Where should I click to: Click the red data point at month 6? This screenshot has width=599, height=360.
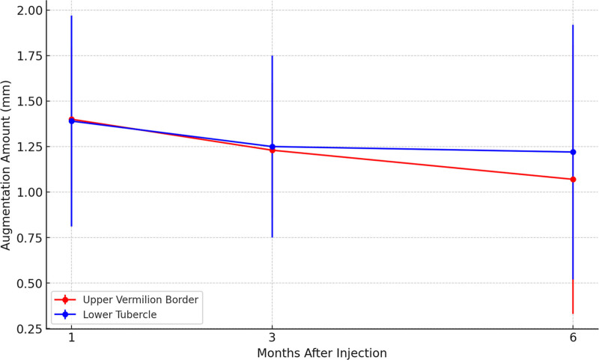pos(573,180)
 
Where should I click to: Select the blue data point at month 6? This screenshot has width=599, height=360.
pos(573,152)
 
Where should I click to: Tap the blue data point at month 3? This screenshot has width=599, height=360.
pos(272,147)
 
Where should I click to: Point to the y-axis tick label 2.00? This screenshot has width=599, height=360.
pos(30,10)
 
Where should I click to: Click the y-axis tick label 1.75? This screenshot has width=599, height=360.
pos(30,55)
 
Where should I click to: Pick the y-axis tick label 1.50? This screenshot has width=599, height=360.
pos(30,101)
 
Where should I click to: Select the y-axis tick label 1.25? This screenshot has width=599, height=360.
pos(30,147)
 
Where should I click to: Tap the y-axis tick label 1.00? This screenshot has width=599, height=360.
pos(30,192)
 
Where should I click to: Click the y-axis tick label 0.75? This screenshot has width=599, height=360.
pos(30,237)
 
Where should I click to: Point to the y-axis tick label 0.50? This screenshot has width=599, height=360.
pos(30,283)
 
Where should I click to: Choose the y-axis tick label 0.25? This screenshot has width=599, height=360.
pos(30,329)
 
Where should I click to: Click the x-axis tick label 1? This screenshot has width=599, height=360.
pos(71,338)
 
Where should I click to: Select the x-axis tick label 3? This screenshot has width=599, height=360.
pos(272,338)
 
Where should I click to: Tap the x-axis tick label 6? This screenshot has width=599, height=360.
pos(573,338)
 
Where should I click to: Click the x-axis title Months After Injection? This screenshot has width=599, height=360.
pos(322,353)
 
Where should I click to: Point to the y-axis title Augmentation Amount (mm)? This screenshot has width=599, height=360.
pos(6,165)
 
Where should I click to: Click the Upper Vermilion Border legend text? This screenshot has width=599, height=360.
pos(141,299)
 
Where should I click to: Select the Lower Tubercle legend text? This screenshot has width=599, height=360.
pos(120,314)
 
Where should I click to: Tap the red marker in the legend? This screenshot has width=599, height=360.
pos(65,299)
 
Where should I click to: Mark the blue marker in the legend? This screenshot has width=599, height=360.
pos(65,314)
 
